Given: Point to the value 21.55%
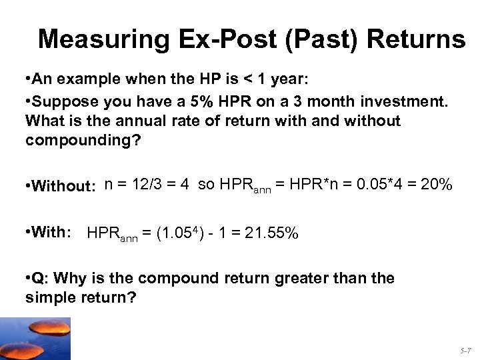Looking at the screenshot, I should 273,233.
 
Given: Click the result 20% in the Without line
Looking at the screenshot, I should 437,185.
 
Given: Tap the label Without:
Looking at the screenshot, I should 62,186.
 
